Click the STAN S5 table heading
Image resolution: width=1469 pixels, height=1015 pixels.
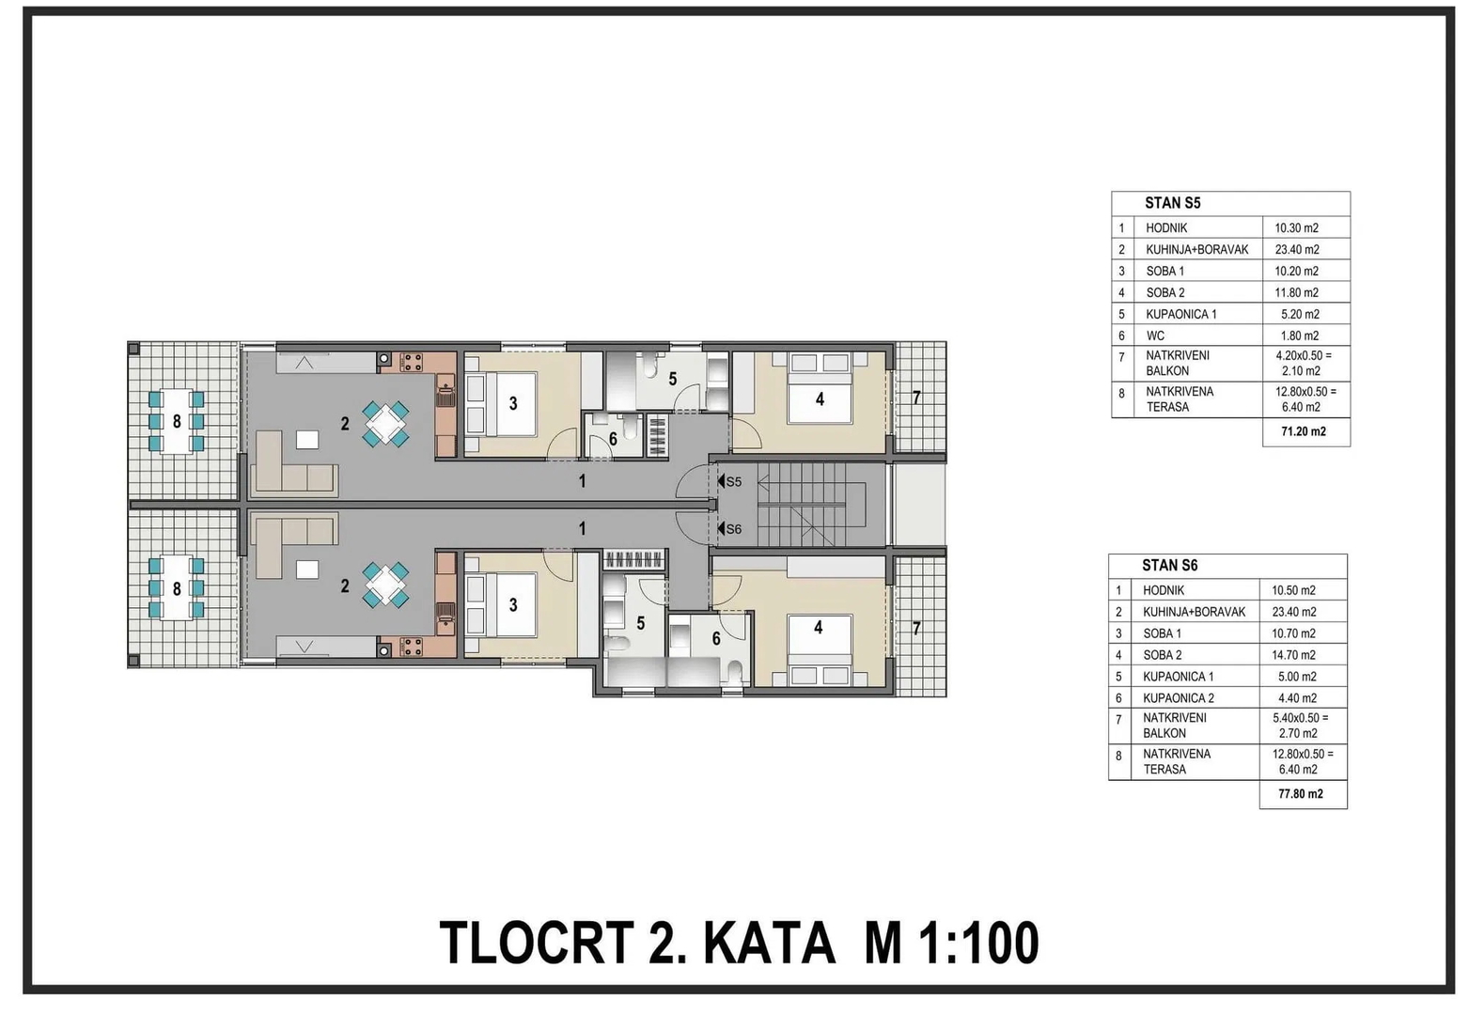point(1172,203)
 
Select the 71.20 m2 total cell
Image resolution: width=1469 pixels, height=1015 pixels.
point(1303,431)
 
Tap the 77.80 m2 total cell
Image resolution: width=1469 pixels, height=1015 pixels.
point(1301,794)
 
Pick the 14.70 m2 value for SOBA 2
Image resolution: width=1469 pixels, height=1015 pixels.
point(1294,655)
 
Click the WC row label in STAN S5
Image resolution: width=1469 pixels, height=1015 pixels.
point(1155,336)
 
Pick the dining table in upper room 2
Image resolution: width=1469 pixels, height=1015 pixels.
point(385,424)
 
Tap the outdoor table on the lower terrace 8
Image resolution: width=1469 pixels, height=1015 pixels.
point(177,587)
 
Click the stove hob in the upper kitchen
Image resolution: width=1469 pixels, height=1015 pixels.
point(412,361)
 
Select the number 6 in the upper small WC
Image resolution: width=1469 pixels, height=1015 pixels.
point(613,439)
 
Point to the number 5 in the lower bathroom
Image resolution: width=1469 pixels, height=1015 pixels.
point(641,623)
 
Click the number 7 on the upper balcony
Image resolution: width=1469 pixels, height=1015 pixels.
point(916,398)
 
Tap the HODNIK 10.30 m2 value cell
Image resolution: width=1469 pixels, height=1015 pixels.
point(1296,228)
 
